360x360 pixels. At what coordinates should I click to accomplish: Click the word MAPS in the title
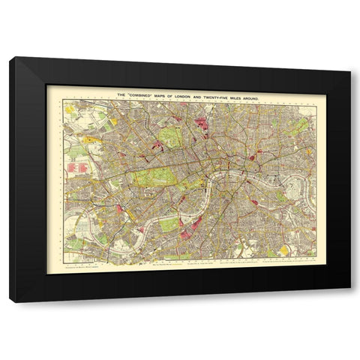(x=172, y=94)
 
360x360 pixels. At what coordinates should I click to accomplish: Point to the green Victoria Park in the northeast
(x=299, y=125)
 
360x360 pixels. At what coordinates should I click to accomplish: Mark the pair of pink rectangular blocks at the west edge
(x=75, y=169)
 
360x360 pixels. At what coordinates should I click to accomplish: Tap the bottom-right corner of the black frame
(x=349, y=301)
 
